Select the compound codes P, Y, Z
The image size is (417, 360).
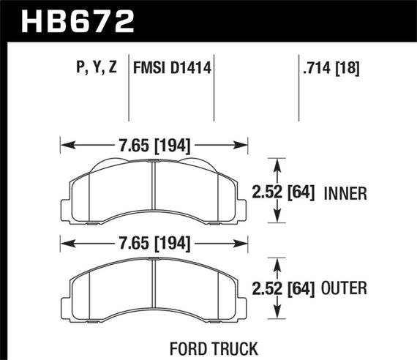pyautogui.click(x=94, y=70)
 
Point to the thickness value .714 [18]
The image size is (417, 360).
pyautogui.click(x=334, y=70)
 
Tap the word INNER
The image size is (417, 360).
pyautogui.click(x=345, y=194)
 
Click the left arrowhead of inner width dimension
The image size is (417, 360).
pyautogui.click(x=63, y=145)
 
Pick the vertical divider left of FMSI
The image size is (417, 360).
pyautogui.click(x=129, y=91)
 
